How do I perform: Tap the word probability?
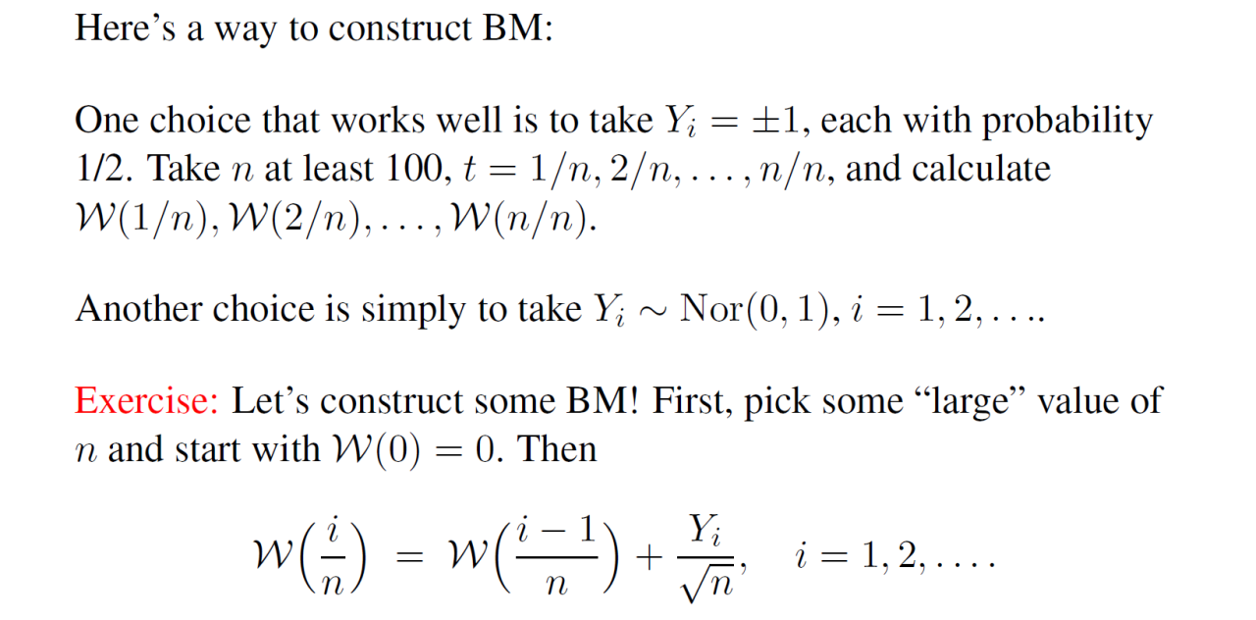point(1068,121)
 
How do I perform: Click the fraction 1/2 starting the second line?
point(103,169)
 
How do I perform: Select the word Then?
point(557,449)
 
